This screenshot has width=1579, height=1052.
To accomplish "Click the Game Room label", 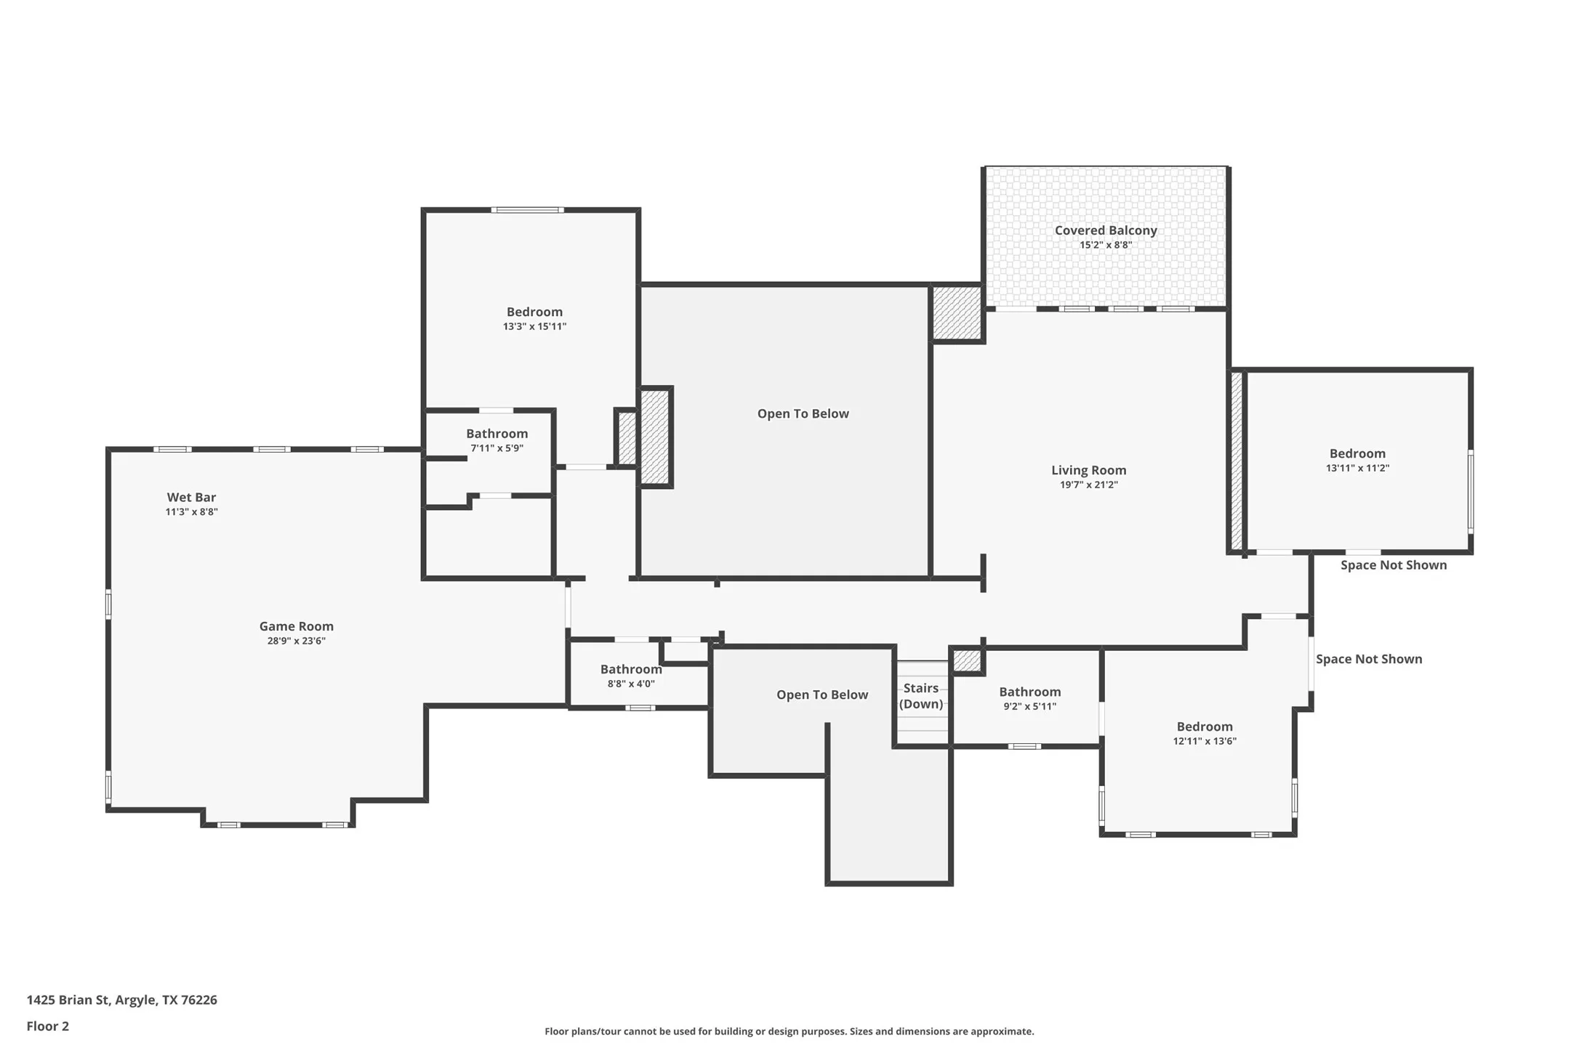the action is click(297, 626).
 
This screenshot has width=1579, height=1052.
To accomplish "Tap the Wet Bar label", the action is click(191, 498).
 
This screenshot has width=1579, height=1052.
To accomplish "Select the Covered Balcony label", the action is click(1106, 231).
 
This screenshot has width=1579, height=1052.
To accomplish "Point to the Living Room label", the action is click(1088, 471).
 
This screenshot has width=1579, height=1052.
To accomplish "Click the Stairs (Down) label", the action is click(921, 696).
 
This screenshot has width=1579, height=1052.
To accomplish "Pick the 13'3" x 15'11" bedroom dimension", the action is click(534, 327).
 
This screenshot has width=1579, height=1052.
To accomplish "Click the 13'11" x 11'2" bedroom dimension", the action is click(1357, 469).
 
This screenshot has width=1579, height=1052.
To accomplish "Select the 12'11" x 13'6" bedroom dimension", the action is click(1205, 742).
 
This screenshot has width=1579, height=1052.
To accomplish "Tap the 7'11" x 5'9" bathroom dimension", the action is click(497, 448).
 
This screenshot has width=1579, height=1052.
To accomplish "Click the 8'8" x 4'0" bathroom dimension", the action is click(631, 684).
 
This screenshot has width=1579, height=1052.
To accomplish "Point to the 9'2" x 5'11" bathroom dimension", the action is click(1029, 706).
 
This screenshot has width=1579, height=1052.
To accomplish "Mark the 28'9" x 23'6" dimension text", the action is click(296, 641).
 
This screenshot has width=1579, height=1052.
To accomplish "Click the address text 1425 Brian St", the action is click(68, 1000).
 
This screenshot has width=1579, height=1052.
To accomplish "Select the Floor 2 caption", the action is click(47, 1027).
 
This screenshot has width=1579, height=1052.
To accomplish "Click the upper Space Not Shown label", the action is click(1394, 565).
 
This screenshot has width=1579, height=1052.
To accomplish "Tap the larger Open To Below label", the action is click(803, 414).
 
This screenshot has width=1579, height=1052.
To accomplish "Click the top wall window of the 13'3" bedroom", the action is click(527, 210).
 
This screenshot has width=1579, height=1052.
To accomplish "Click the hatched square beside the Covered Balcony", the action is click(957, 313).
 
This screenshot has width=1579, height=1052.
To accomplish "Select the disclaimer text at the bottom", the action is click(789, 1032).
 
